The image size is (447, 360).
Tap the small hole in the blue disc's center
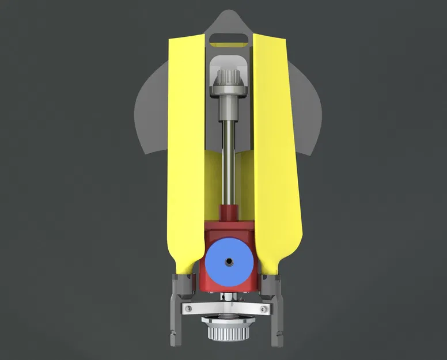[x=229, y=262]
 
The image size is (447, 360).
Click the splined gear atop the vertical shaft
[x=229, y=77]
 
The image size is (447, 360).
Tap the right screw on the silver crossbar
[x=267, y=310]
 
